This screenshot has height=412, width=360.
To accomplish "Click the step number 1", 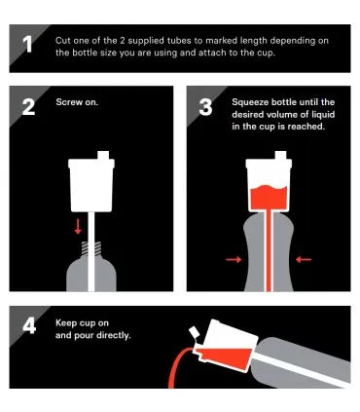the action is tap(27, 44).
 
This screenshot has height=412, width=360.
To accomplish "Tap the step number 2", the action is tap(28, 107).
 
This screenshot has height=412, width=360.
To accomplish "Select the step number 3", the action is tap(205, 107).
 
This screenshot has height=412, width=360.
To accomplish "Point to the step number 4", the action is tap(29, 326).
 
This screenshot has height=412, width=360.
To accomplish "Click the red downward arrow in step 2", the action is tap(78, 226).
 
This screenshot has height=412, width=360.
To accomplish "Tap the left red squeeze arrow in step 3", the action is tap(234, 259).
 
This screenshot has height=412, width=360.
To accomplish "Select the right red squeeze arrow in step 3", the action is tap(304, 259).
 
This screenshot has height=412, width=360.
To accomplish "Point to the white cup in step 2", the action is tap(91, 185).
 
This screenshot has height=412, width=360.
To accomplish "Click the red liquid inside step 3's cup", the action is tap(269, 197).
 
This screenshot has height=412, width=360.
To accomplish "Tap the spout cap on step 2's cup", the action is tap(103, 155).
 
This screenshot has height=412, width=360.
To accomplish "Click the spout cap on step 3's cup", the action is tap(280, 155).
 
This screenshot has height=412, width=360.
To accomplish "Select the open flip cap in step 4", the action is tap(195, 333).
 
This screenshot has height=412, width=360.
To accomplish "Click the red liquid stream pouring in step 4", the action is tap(177, 365).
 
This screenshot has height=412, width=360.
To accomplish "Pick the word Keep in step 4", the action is tap(66, 323).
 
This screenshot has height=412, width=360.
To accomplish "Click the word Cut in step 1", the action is tap(62, 41).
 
